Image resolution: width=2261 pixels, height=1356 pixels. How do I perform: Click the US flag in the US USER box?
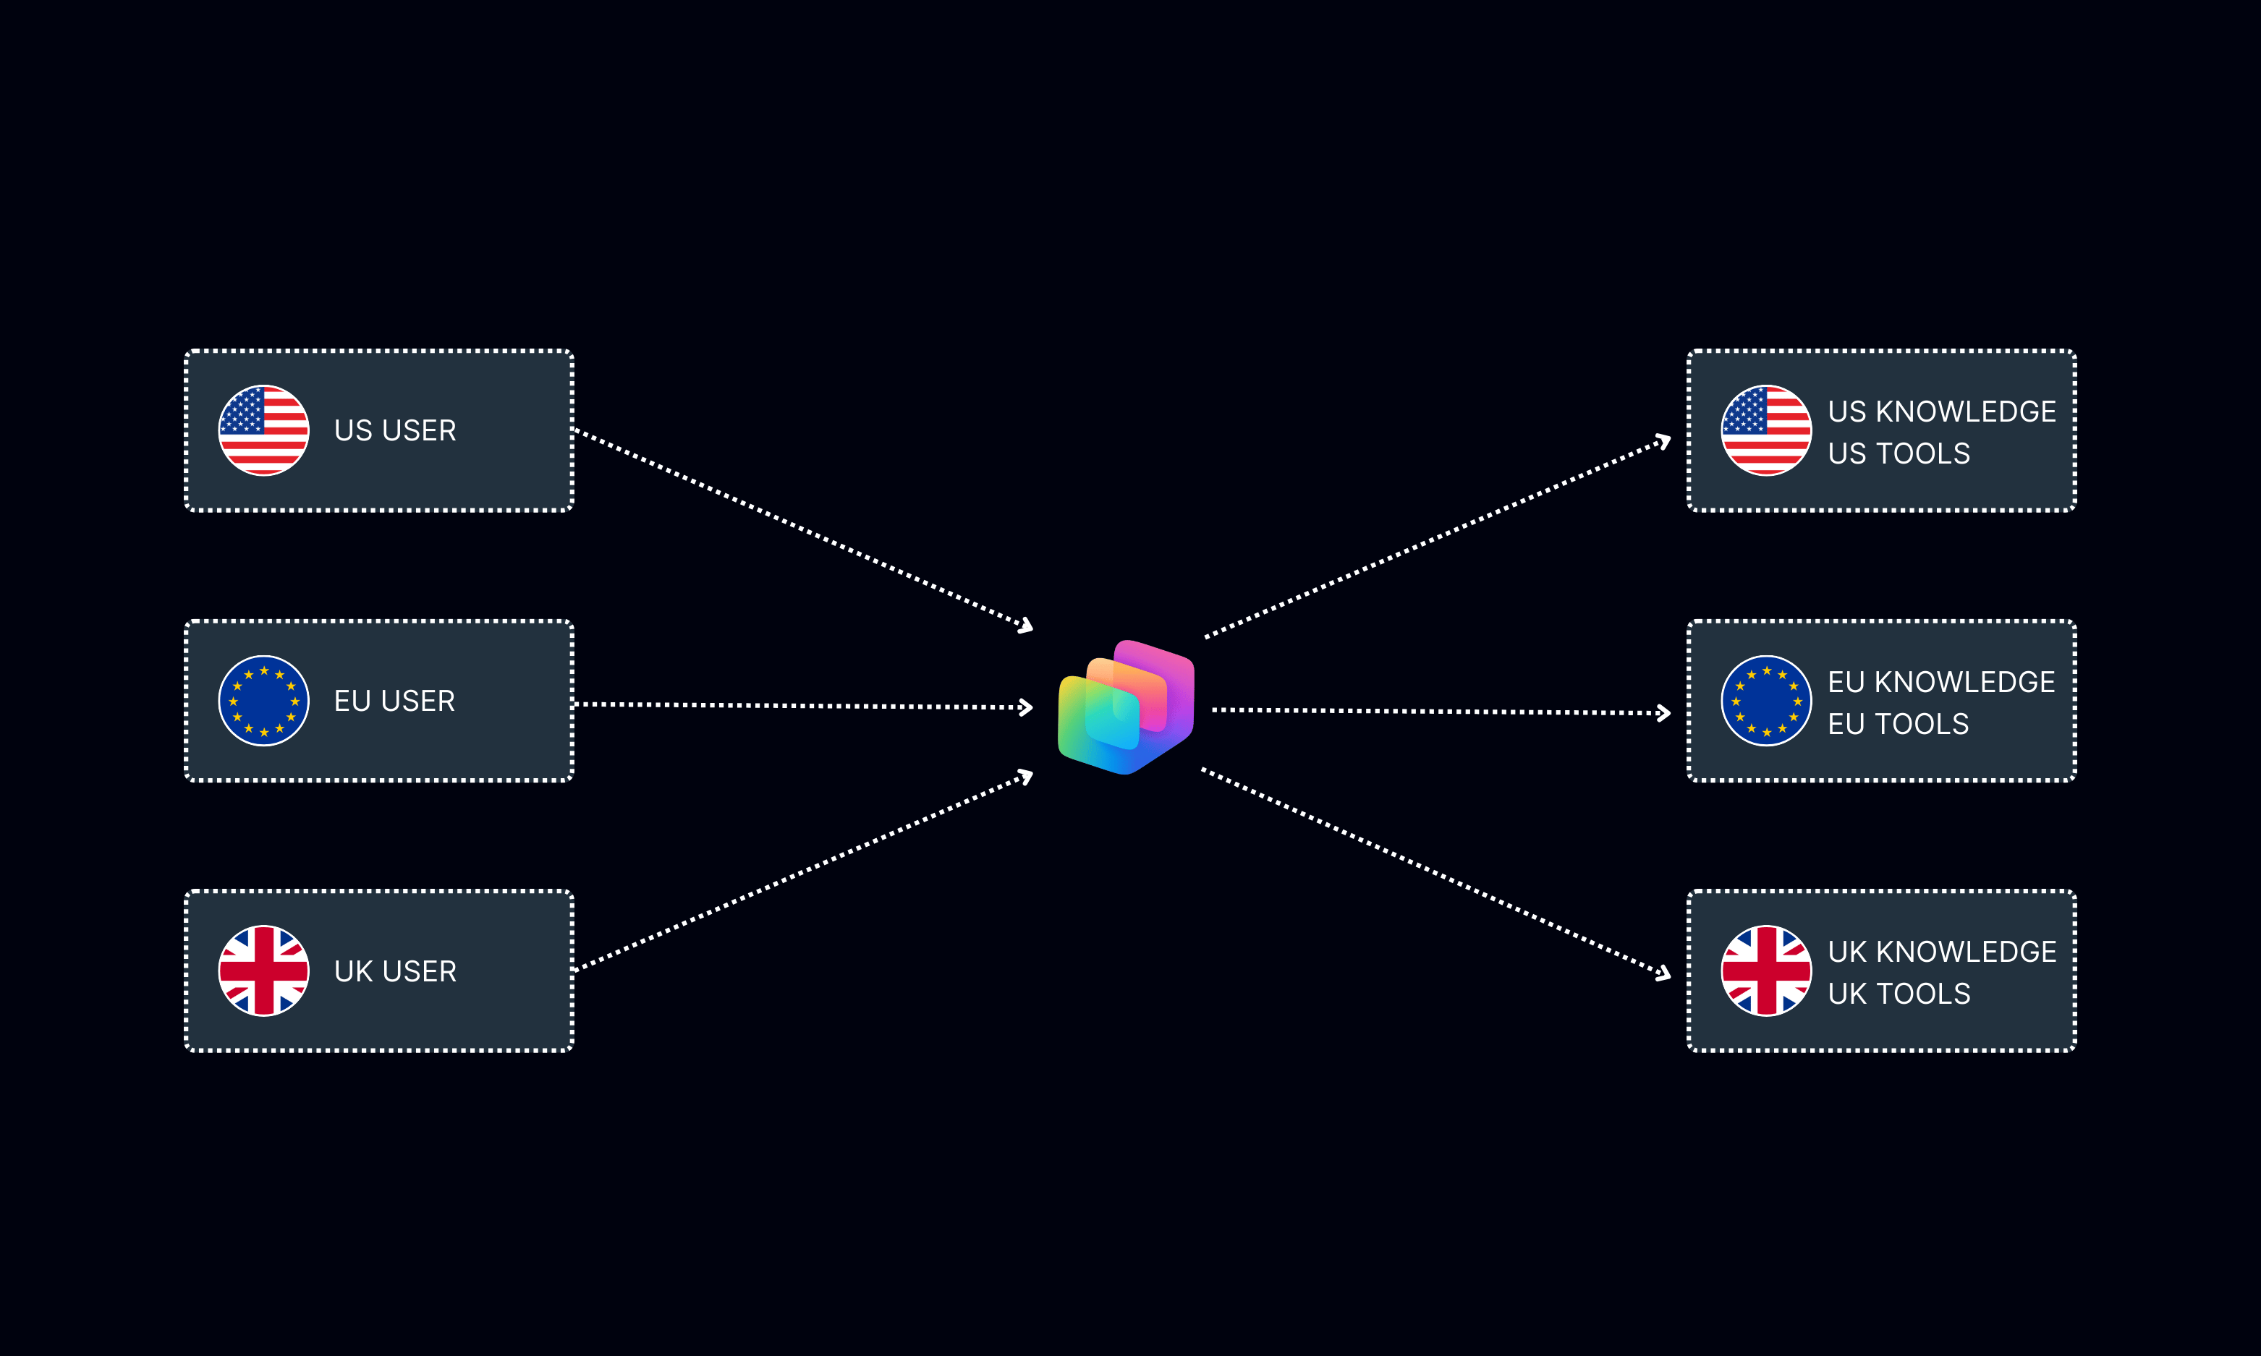tap(263, 430)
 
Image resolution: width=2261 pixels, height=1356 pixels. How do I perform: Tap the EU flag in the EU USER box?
tap(263, 701)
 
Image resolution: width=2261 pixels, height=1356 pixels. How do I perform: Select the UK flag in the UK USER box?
tap(263, 971)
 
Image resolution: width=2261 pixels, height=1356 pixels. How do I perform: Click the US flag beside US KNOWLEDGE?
tap(1765, 430)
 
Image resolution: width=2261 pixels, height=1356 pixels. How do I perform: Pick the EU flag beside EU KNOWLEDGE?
tap(1765, 701)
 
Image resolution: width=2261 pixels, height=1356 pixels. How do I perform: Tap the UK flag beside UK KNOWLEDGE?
tap(1765, 971)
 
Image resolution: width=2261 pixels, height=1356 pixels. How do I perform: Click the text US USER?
tap(395, 430)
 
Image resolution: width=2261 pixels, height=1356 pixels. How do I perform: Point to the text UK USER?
tap(395, 971)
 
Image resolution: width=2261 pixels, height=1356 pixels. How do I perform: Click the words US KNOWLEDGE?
tap(1941, 412)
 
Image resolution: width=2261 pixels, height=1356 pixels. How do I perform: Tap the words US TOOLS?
tap(1899, 453)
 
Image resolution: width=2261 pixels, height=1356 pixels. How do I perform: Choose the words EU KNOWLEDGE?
tap(1940, 682)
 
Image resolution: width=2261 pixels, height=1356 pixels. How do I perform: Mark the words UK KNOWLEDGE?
tap(1941, 951)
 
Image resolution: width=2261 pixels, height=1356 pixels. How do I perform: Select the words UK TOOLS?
tap(1899, 993)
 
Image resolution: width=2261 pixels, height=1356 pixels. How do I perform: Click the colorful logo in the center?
tap(1126, 707)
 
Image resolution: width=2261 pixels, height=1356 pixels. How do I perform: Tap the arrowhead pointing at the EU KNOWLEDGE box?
tap(1664, 713)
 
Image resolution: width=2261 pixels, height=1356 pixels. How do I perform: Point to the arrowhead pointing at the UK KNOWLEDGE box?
tap(1664, 974)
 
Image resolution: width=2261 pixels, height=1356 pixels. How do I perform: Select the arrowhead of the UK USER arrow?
tap(1027, 776)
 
